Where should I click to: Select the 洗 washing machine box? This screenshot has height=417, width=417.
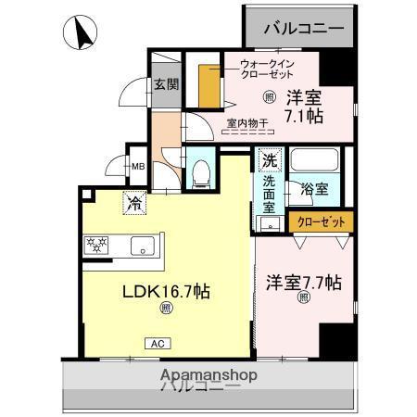[268, 160]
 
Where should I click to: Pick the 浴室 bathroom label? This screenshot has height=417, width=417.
[313, 189]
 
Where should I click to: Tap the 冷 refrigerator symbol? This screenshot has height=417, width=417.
[134, 201]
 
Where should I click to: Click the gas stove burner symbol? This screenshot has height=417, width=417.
[96, 245]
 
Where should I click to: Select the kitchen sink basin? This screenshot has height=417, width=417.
[145, 246]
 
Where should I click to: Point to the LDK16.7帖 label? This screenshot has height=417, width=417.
[167, 291]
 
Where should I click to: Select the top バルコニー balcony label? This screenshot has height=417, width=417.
[303, 28]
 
